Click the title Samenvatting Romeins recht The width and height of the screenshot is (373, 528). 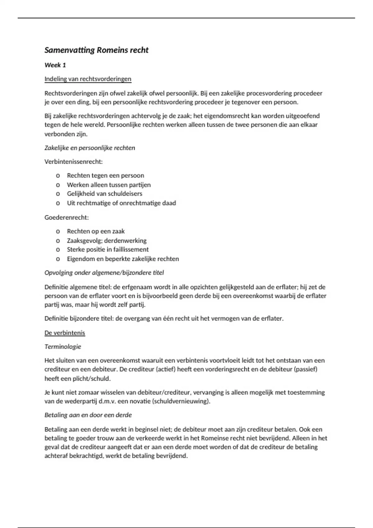(96, 50)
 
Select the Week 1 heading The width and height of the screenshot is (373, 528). (55, 65)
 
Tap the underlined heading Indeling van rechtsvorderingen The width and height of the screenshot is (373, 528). (88, 79)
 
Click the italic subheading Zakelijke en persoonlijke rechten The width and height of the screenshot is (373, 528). (90, 148)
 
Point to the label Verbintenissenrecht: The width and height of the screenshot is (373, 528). (73, 162)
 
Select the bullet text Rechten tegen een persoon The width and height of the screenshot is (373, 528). (105, 175)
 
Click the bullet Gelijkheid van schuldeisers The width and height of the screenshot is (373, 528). (104, 194)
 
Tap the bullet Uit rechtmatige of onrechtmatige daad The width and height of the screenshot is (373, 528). (121, 203)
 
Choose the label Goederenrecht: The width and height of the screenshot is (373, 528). (67, 217)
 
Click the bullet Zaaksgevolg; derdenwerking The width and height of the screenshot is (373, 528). (107, 240)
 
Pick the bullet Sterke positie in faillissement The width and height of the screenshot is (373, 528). (108, 249)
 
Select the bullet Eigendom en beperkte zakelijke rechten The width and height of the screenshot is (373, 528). (123, 259)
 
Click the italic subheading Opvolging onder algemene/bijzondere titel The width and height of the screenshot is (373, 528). (104, 273)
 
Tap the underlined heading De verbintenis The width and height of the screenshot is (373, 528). (65, 333)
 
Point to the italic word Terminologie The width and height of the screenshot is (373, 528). (62, 347)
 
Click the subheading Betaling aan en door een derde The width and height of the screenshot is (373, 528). (88, 415)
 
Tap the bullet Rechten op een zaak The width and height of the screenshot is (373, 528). (96, 231)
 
